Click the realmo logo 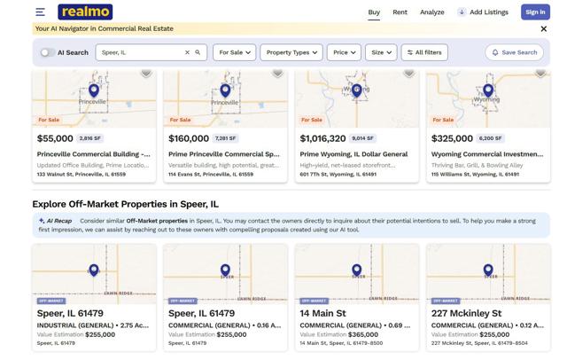pyautogui.click(x=85, y=12)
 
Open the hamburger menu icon pyautogui.click(x=41, y=12)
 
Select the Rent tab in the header pyautogui.click(x=400, y=12)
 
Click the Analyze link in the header pyautogui.click(x=431, y=12)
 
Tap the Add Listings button pyautogui.click(x=483, y=12)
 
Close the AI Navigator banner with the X pyautogui.click(x=543, y=28)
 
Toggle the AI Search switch pyautogui.click(x=47, y=52)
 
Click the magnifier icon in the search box pyautogui.click(x=198, y=52)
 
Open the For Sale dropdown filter pyautogui.click(x=234, y=52)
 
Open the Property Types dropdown pyautogui.click(x=291, y=52)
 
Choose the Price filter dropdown pyautogui.click(x=344, y=52)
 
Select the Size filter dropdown pyautogui.click(x=381, y=52)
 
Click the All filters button pyautogui.click(x=424, y=52)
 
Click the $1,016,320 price pyautogui.click(x=322, y=138)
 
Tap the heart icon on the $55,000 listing pyautogui.click(x=146, y=73)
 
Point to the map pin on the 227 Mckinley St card pyautogui.click(x=488, y=270)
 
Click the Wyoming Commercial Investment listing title pyautogui.click(x=486, y=154)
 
